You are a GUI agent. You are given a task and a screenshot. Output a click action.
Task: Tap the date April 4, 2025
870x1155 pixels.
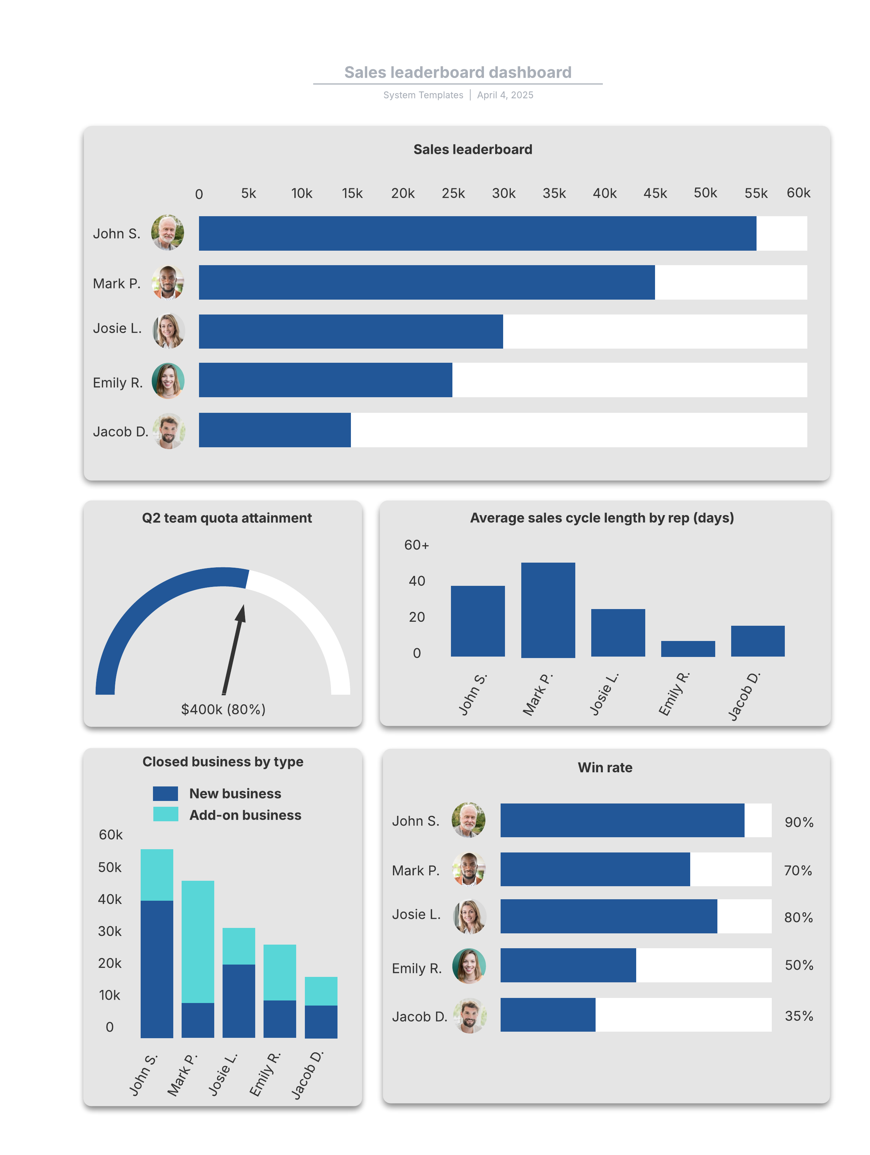[x=505, y=95]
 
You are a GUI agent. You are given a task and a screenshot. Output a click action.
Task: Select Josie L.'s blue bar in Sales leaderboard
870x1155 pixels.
[x=350, y=331]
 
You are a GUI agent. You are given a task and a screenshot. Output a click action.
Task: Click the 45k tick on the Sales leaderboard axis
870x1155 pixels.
[x=654, y=194]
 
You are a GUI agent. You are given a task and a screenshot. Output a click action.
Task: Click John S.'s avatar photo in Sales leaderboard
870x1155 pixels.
[x=167, y=233]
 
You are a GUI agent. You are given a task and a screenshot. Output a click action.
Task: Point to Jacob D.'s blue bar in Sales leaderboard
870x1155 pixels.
[x=274, y=430]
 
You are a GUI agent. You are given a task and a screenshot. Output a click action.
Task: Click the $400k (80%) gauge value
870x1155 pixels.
[x=223, y=709]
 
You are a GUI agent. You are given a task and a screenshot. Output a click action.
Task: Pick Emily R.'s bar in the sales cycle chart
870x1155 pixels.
[x=687, y=649]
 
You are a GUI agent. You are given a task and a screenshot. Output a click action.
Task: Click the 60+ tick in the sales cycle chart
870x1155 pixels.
[x=416, y=545]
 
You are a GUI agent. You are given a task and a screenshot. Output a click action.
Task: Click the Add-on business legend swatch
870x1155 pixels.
[x=165, y=814]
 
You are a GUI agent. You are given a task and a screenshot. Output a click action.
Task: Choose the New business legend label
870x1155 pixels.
[x=235, y=794]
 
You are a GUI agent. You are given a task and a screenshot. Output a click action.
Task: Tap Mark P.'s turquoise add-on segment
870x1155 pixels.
[x=198, y=941]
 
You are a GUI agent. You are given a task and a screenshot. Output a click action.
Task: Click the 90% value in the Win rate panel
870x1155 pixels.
[x=799, y=822]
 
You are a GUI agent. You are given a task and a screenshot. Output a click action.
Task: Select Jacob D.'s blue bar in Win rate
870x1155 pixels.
[x=547, y=1015]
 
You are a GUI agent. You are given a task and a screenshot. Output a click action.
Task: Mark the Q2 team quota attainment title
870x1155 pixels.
[x=227, y=518]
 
